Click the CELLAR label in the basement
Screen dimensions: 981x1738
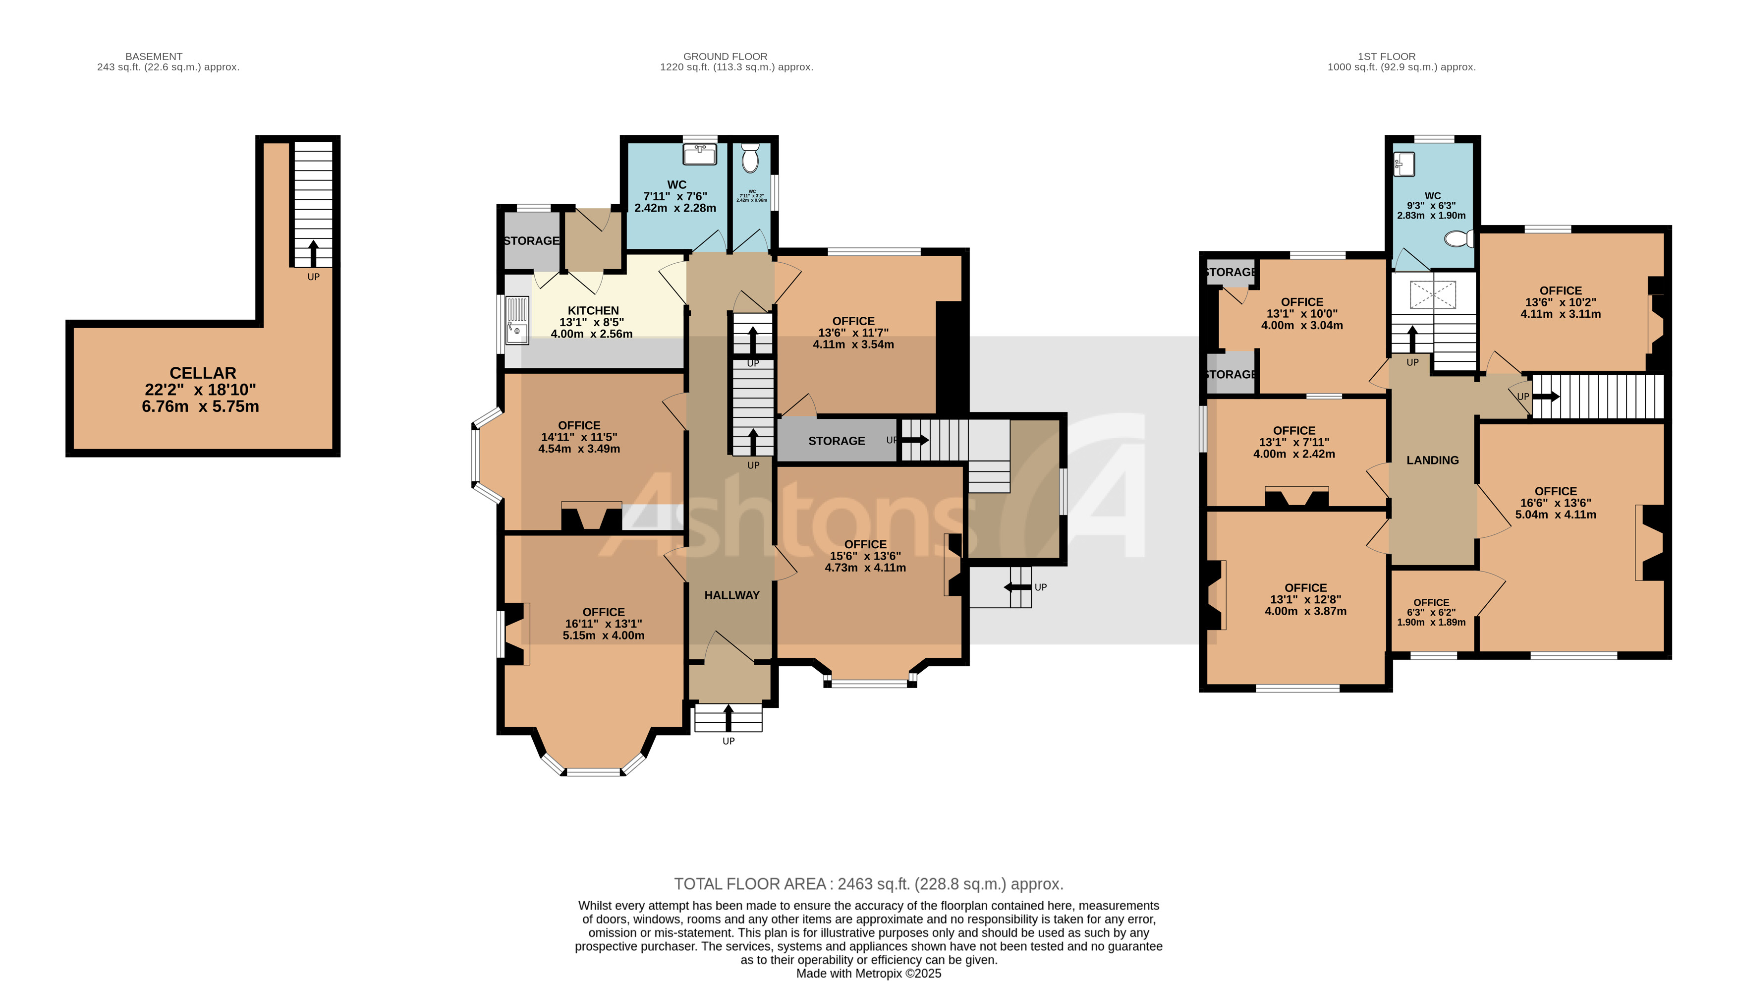pyautogui.click(x=202, y=373)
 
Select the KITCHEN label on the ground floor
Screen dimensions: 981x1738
pyautogui.click(x=593, y=310)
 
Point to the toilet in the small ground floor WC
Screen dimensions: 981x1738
pyautogui.click(x=750, y=159)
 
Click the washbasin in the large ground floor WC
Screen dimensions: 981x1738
pyautogui.click(x=700, y=155)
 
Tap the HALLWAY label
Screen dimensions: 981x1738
pyautogui.click(x=731, y=595)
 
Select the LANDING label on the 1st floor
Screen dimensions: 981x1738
pyautogui.click(x=1432, y=460)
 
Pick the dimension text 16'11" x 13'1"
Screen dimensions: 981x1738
pyautogui.click(x=603, y=624)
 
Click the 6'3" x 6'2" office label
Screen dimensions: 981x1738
pyautogui.click(x=1431, y=612)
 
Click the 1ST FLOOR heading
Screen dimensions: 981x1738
pyautogui.click(x=1387, y=57)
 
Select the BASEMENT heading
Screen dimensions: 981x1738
pyautogui.click(x=154, y=57)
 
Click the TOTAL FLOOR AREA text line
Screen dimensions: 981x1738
pyautogui.click(x=868, y=884)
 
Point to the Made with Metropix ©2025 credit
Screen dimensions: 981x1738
pyautogui.click(x=868, y=974)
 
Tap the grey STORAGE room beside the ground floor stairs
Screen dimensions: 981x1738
pyautogui.click(x=836, y=441)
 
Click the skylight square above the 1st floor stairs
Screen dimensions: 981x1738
pyautogui.click(x=1432, y=295)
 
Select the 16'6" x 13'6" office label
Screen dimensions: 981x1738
pyautogui.click(x=1555, y=503)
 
